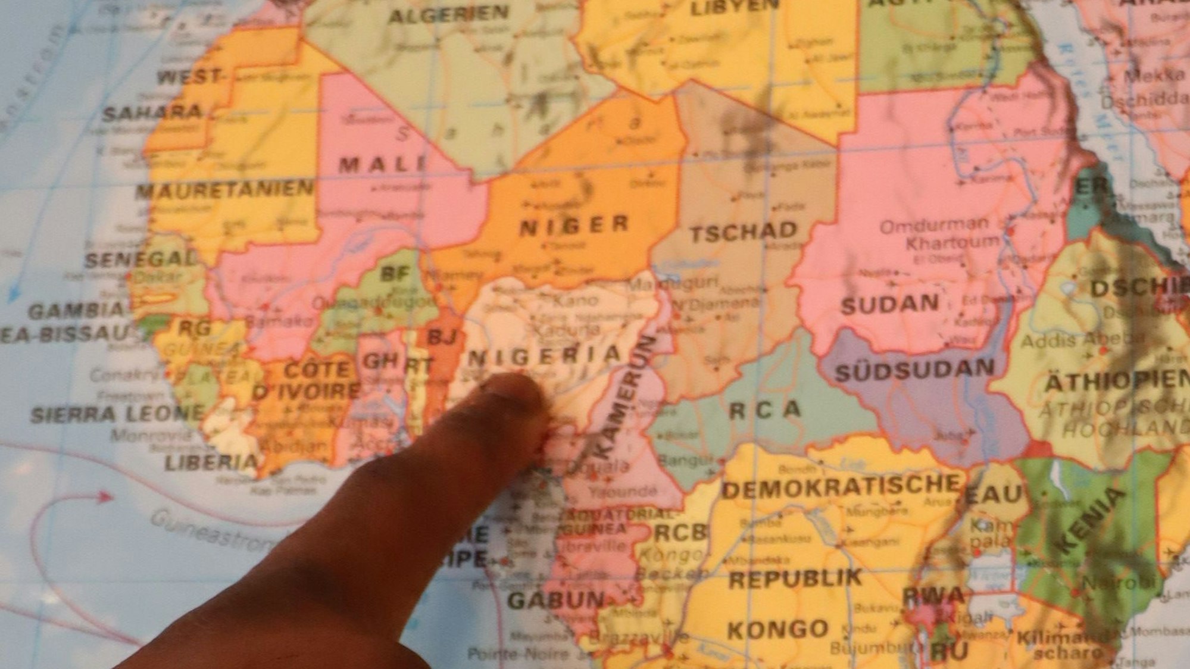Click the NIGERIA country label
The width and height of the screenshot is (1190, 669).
(544, 357)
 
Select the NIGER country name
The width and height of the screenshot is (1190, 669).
(574, 225)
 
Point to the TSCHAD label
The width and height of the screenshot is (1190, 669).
(744, 232)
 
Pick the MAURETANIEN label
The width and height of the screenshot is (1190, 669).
(224, 190)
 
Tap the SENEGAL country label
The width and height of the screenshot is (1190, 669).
(141, 259)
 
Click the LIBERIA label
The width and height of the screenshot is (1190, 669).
(211, 462)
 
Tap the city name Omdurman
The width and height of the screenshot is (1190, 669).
(933, 226)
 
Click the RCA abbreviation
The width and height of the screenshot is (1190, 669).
(765, 409)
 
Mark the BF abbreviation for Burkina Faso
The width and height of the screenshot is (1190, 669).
(395, 274)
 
